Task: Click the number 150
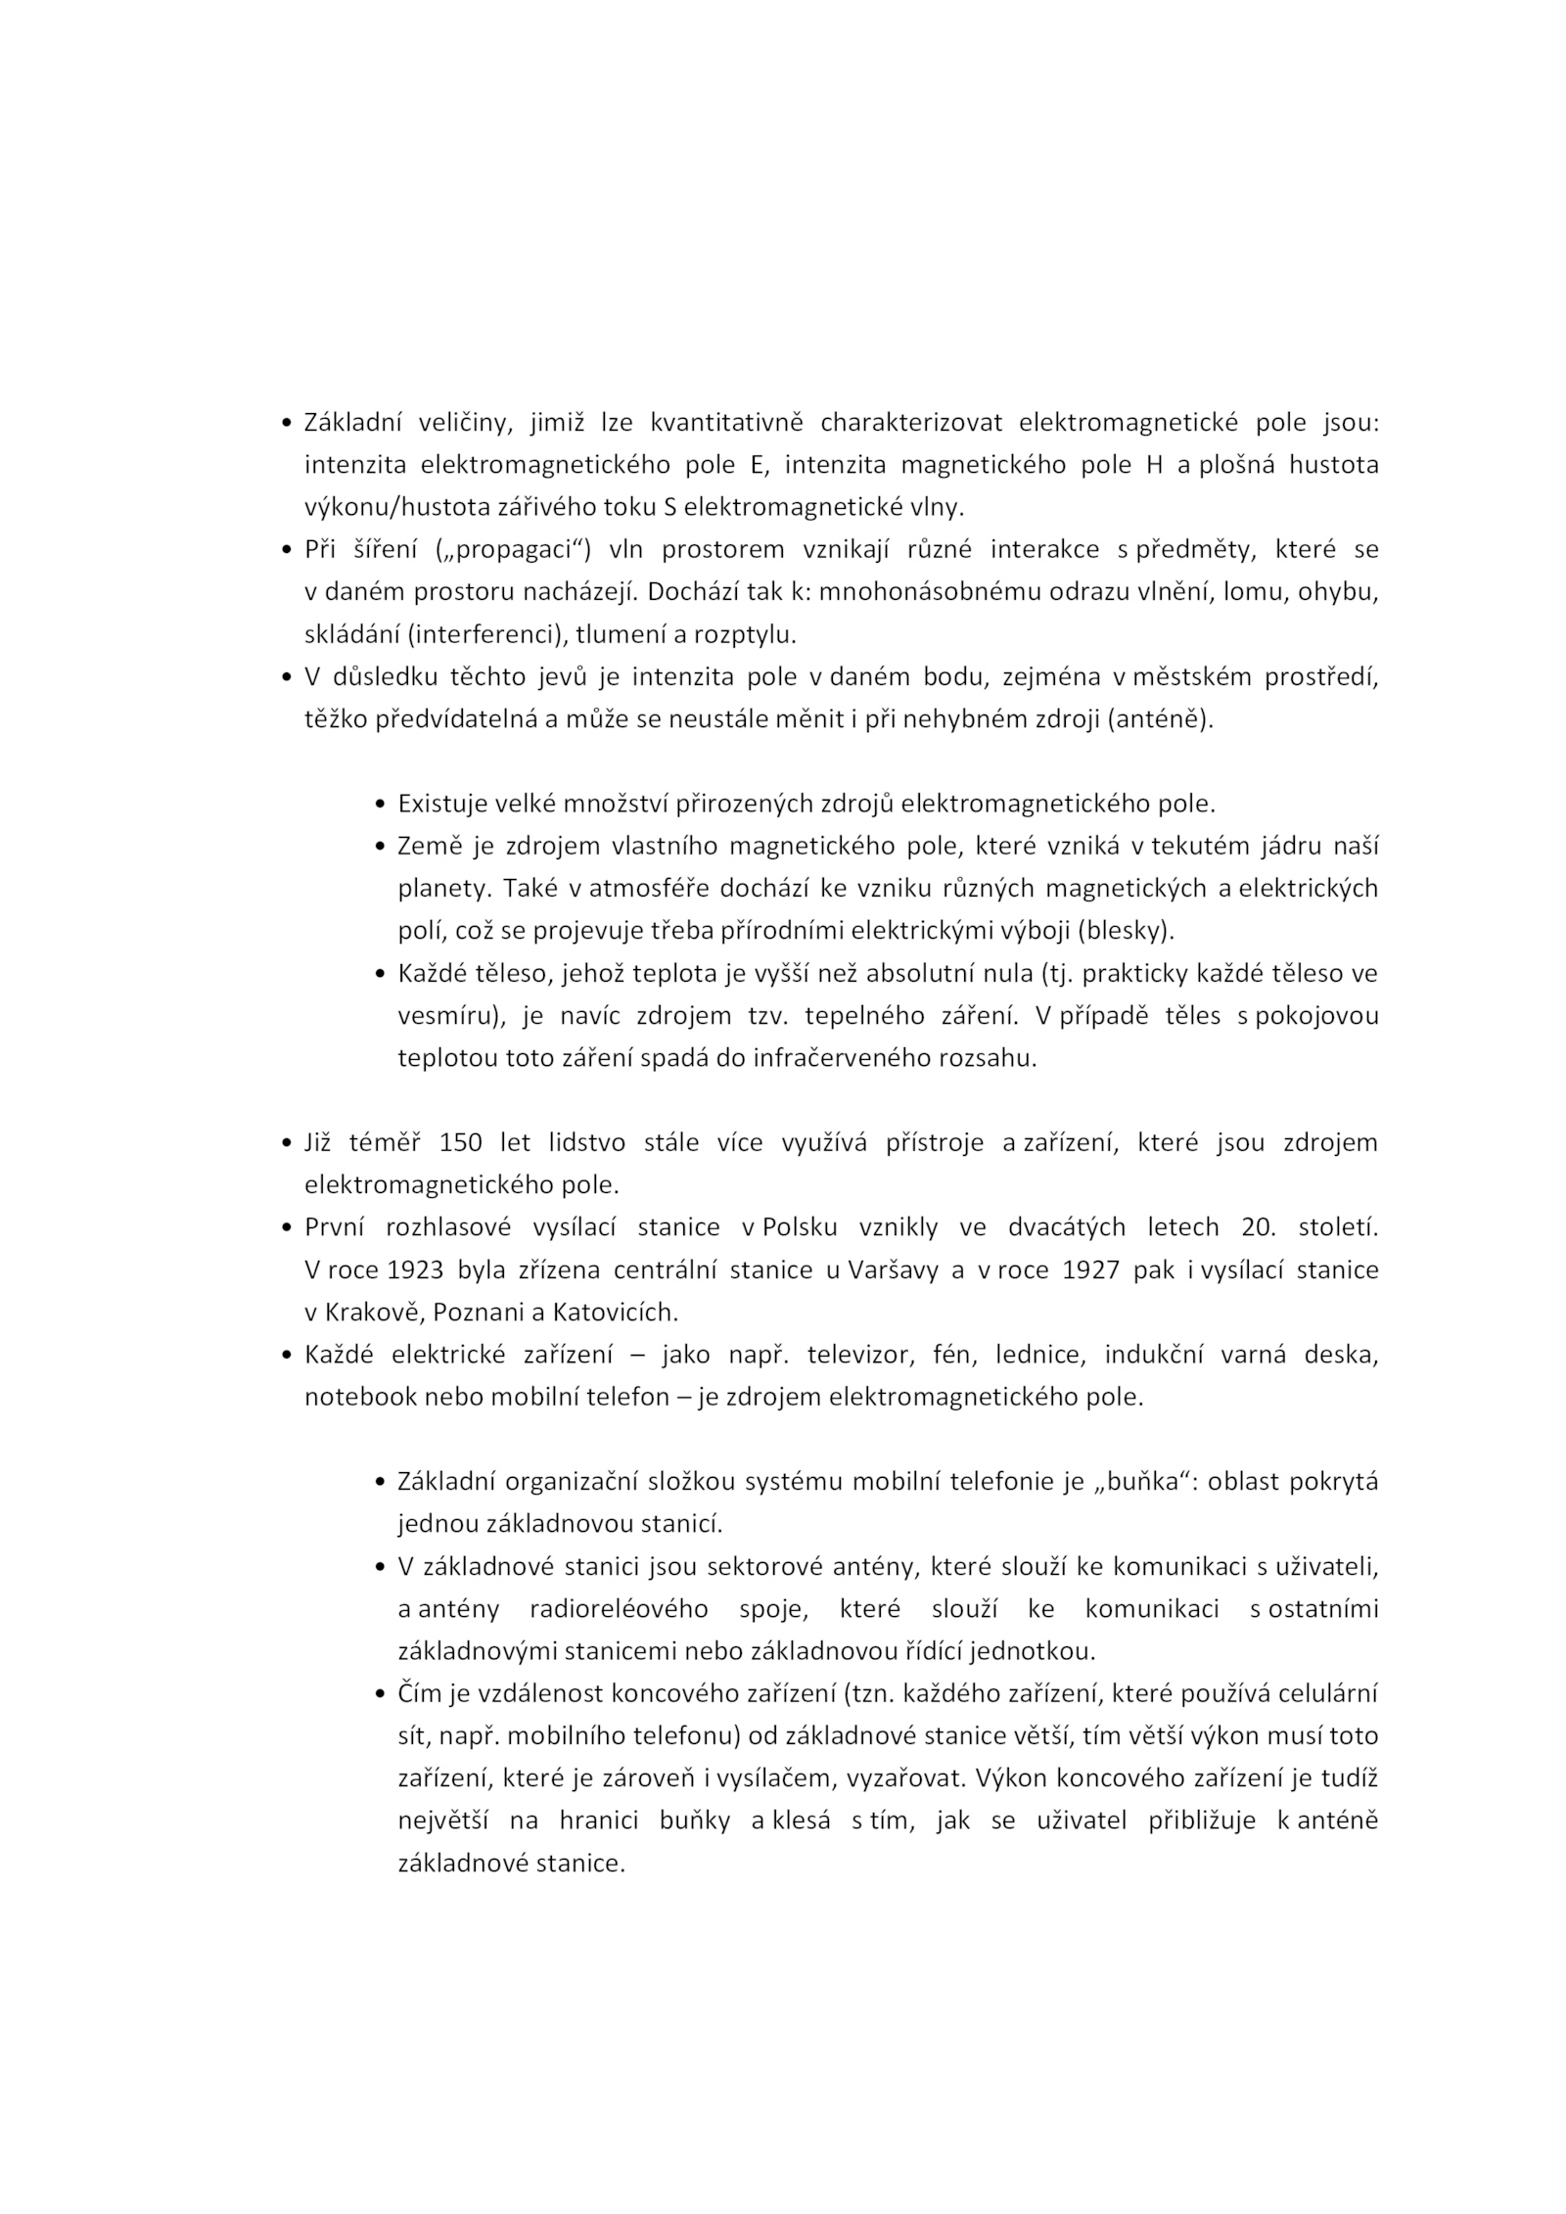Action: [460, 1142]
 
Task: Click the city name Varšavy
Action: [890, 1269]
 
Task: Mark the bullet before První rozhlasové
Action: [286, 1228]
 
